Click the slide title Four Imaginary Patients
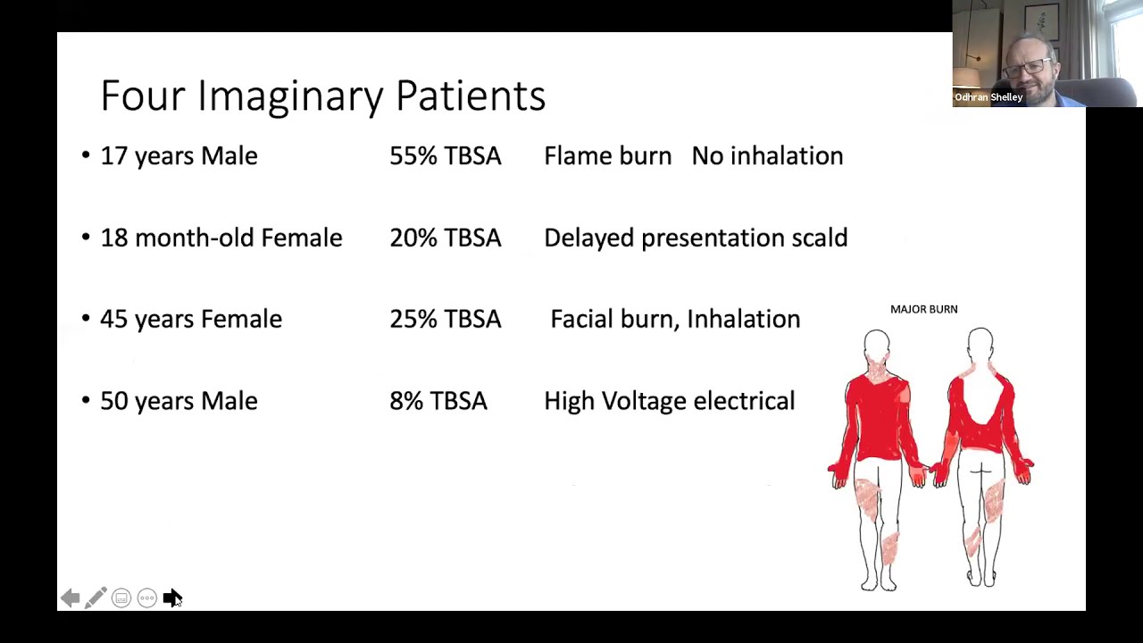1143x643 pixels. click(x=322, y=96)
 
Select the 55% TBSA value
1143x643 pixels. click(x=445, y=156)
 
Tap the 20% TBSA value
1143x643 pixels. click(x=445, y=238)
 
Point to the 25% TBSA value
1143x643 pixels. click(x=445, y=320)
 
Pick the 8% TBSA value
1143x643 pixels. click(x=438, y=402)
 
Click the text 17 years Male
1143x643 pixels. click(x=179, y=156)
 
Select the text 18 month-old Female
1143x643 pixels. click(x=221, y=238)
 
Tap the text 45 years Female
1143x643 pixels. click(x=190, y=320)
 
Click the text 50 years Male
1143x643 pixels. click(x=179, y=402)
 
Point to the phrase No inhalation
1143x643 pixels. click(x=767, y=156)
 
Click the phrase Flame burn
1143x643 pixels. click(x=607, y=156)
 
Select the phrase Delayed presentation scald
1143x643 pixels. click(x=695, y=238)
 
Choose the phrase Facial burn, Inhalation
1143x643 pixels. click(x=675, y=320)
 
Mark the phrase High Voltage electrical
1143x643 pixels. click(x=669, y=402)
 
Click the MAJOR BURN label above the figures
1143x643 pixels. click(x=923, y=309)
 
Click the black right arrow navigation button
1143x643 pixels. click(x=171, y=597)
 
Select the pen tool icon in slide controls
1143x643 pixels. click(x=96, y=597)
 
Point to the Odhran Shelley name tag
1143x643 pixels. click(x=989, y=97)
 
